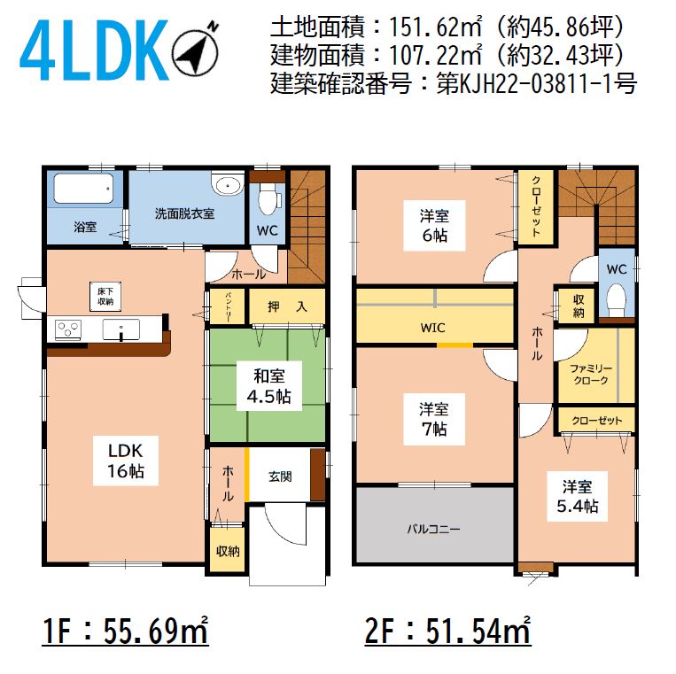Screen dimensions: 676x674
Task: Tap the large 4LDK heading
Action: (x=94, y=50)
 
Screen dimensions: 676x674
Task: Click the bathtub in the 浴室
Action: (x=83, y=188)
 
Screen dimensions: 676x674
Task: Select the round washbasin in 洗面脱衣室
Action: (x=228, y=186)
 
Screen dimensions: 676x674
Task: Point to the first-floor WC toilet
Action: (x=268, y=200)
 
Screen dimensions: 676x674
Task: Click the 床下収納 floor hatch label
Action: (x=105, y=297)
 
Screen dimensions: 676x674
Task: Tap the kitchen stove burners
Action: (x=68, y=329)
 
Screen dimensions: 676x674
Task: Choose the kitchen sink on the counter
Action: (x=121, y=330)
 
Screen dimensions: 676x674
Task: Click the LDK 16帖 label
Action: (x=126, y=461)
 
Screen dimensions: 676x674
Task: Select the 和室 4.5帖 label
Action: (x=269, y=386)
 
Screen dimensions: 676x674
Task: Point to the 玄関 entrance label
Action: (x=280, y=476)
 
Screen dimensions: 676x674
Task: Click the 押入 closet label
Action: (x=287, y=306)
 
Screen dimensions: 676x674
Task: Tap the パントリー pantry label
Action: (x=228, y=306)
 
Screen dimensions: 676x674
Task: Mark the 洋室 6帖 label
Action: (x=434, y=225)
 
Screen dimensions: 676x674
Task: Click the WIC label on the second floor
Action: (x=432, y=328)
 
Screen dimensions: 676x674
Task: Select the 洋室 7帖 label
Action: (x=434, y=419)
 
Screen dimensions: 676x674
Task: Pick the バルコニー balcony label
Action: (x=434, y=529)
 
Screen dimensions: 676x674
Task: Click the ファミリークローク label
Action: (x=591, y=374)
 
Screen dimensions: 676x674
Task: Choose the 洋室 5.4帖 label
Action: (x=578, y=497)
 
